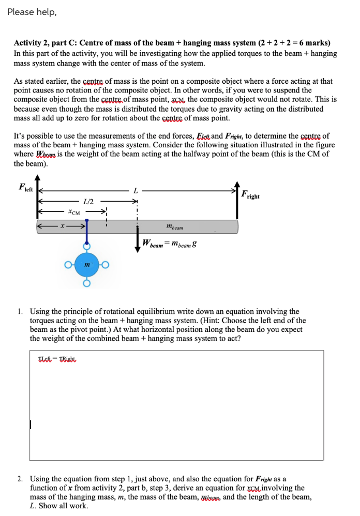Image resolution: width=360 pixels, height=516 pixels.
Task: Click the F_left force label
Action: [x=25, y=187]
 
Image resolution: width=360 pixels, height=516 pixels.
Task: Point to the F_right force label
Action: [x=250, y=195]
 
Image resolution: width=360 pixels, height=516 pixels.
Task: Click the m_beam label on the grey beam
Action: [x=174, y=226]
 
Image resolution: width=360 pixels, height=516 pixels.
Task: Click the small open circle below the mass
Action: [x=87, y=284]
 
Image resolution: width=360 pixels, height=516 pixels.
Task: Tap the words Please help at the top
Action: [x=32, y=12]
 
